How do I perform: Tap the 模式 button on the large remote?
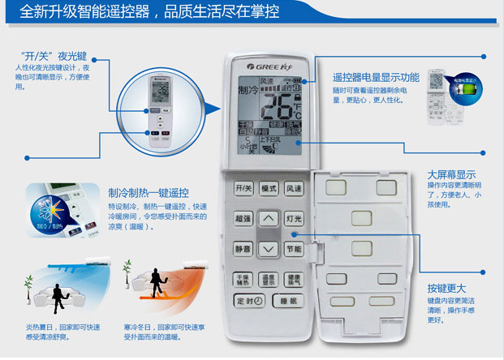click(269, 188)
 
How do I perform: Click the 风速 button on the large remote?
click(295, 188)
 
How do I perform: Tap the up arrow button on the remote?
click(269, 219)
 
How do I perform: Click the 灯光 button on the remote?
click(295, 219)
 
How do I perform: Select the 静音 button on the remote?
click(243, 249)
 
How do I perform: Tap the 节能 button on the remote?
click(295, 249)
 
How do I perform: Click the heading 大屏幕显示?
click(451, 174)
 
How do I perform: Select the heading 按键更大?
click(446, 289)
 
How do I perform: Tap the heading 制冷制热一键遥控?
click(149, 193)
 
